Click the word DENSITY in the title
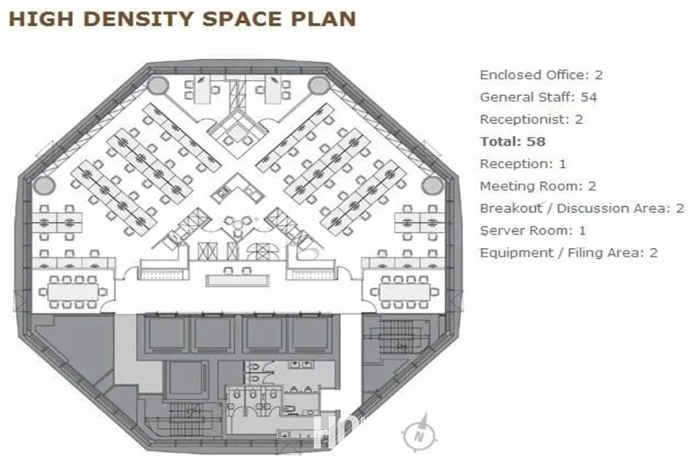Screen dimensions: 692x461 (138, 19)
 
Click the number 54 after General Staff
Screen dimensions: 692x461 (589, 97)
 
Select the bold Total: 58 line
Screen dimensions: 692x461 (513, 141)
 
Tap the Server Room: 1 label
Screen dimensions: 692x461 (533, 230)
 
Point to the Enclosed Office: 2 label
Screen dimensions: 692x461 (541, 75)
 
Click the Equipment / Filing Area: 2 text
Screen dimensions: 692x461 (568, 253)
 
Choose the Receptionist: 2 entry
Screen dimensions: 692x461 (531, 119)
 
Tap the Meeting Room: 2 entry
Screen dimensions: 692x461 (538, 186)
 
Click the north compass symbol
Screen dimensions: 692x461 (420, 433)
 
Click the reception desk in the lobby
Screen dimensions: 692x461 (238, 280)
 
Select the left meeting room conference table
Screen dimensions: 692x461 (73, 292)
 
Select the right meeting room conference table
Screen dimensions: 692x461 (404, 292)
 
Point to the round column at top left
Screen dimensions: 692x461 (158, 85)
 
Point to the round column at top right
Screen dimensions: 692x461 (318, 85)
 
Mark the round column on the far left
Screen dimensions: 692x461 (44, 186)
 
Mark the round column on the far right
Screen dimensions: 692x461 (432, 186)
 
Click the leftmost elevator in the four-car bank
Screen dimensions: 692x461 (167, 333)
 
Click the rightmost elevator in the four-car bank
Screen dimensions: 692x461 (311, 333)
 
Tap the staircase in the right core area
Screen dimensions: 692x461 (398, 337)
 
